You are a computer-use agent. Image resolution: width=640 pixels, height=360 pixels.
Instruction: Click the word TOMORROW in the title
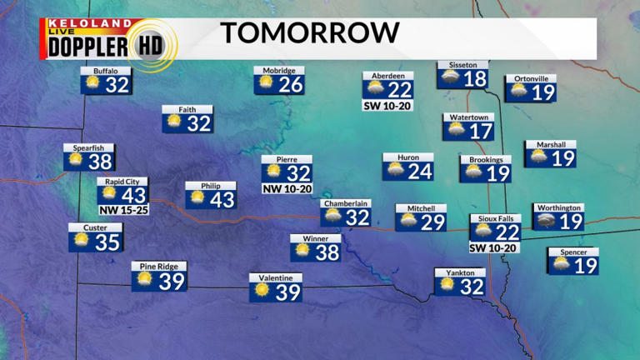[x=309, y=33]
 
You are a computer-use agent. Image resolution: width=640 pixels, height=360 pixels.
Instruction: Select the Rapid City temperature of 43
[x=133, y=195]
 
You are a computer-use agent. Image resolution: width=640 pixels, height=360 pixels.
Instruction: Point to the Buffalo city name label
[x=106, y=71]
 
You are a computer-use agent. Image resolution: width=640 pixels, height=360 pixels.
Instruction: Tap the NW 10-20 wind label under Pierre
[x=287, y=189]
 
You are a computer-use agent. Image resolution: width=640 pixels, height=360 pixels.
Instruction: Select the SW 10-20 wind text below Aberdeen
[x=387, y=106]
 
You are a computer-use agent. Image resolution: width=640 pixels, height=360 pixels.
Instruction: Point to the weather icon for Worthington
[x=547, y=221]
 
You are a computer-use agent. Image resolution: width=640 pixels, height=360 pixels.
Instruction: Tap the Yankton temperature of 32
[x=472, y=286]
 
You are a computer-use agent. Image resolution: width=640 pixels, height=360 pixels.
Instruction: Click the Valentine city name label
[x=276, y=277]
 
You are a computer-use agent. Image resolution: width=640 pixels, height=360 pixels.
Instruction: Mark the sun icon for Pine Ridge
[x=145, y=280]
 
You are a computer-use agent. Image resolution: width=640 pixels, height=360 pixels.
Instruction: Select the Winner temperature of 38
[x=327, y=252]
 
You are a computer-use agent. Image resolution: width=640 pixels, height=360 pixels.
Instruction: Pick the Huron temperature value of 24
[x=420, y=172]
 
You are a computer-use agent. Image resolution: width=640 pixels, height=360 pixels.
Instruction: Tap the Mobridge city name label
[x=279, y=71]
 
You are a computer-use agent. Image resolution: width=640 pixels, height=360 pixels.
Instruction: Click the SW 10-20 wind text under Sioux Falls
[x=495, y=247]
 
